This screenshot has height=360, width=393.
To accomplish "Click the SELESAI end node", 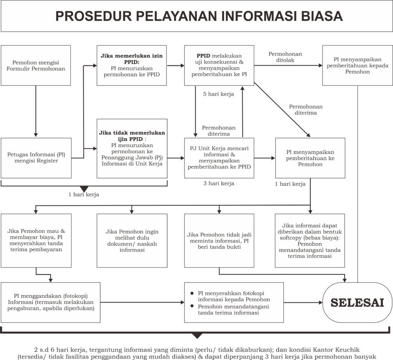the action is pos(357,302).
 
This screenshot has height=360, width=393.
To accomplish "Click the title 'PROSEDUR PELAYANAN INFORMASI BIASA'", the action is pos(199,16).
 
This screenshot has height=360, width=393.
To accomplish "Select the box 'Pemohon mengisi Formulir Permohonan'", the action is pos(36,65).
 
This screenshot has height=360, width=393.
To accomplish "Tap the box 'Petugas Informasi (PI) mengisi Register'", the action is pos(36,158).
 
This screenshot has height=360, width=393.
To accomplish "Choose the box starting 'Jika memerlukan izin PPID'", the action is pos(132,65).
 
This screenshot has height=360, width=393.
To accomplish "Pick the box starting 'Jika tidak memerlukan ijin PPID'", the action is pos(132,149).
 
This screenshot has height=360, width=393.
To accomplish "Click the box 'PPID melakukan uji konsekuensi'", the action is pos(219,65).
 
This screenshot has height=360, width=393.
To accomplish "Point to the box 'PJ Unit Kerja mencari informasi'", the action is pos(219,158).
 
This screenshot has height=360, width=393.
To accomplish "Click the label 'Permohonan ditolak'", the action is pos(285,57).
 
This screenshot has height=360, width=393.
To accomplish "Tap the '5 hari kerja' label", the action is pos(218,94).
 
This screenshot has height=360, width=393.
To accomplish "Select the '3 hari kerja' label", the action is pos(219,183).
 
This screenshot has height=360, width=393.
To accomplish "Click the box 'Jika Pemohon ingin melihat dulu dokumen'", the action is pos(132,241).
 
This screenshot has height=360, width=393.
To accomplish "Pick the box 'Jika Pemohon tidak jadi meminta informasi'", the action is pos(219,241).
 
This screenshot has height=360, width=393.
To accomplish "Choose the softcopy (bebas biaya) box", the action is pos(310,241).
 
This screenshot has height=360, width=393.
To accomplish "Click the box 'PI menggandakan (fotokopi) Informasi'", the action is pos(51,302).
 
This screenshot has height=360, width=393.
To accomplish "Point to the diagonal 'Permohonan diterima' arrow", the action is pos(282,109).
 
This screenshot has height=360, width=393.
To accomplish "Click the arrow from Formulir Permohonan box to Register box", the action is pos(36,111).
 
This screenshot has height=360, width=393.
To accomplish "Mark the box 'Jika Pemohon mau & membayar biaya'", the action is pos(36,241).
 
